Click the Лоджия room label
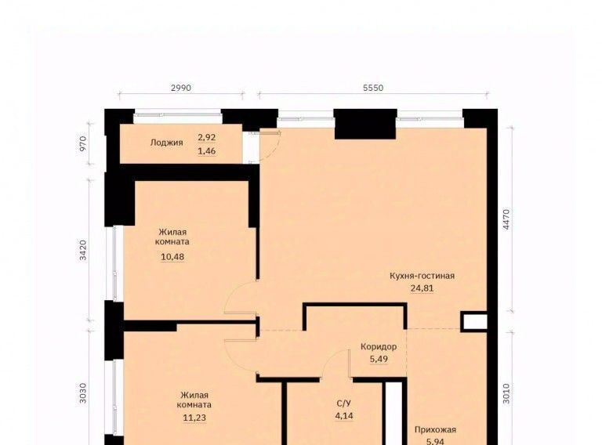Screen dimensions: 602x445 [166, 143]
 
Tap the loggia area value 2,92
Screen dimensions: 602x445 [207, 137]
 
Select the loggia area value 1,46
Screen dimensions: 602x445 [207, 150]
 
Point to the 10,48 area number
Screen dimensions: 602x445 [172, 257]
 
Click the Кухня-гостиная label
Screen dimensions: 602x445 [422, 276]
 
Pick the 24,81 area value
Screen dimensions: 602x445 [422, 288]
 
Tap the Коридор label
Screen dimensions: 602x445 [379, 347]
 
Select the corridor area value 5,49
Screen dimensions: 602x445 [379, 359]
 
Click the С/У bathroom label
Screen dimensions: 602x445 [343, 403]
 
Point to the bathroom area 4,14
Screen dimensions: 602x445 [344, 415]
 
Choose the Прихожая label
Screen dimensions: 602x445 [435, 429]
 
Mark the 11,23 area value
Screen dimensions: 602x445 [194, 418]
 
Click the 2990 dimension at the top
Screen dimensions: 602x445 [181, 88]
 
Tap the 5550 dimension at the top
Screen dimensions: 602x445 [373, 88]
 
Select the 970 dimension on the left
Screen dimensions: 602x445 [83, 144]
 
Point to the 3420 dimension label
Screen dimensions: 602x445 [83, 250]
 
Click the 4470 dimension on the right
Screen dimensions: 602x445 [506, 219]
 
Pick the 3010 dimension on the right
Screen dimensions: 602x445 [506, 393]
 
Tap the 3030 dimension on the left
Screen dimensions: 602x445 [83, 393]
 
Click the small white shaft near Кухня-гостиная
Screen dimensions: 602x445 [474, 322]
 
